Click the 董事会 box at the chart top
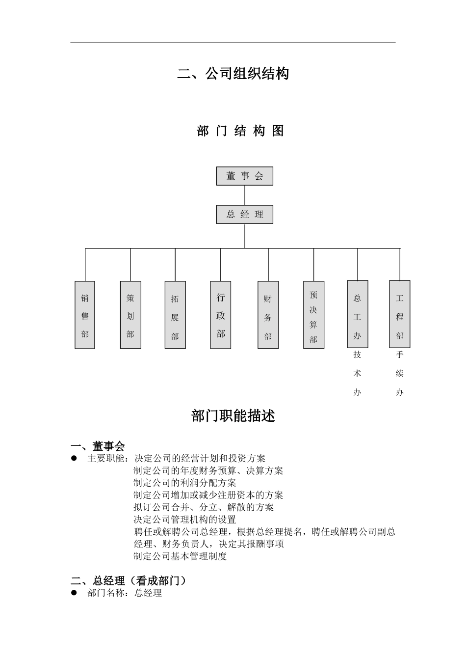coord(244,176)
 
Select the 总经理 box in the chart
coord(244,215)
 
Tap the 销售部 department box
coord(85,315)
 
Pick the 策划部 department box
coord(130,315)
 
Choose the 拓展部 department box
coord(175,315)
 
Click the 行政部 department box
coord(220,315)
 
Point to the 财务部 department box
coord(268,315)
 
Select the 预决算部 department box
coord(313,315)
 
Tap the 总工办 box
coord(357,314)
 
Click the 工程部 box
coord(399,314)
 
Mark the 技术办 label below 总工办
coord(357,373)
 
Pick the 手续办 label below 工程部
coord(399,373)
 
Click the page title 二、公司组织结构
coord(233,74)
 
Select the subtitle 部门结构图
coord(240,131)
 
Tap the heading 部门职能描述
coord(233,416)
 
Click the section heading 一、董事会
coord(98,446)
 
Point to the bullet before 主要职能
coord(75,458)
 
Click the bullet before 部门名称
coord(75,593)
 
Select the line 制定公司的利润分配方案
coord(185,483)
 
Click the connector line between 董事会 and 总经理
coord(245,195)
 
